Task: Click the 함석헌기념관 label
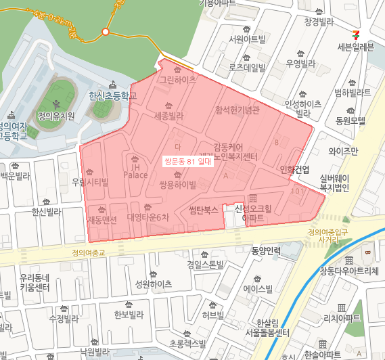click(237, 110)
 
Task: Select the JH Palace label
click(135, 171)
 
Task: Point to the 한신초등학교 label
click(112, 97)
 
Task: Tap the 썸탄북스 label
click(203, 210)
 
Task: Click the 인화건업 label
click(294, 169)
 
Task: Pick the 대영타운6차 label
click(148, 217)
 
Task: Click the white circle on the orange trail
click(106, 32)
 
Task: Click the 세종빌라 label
click(168, 116)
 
